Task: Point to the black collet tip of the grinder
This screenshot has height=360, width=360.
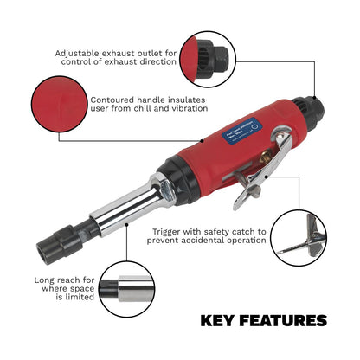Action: [x=55, y=245]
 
